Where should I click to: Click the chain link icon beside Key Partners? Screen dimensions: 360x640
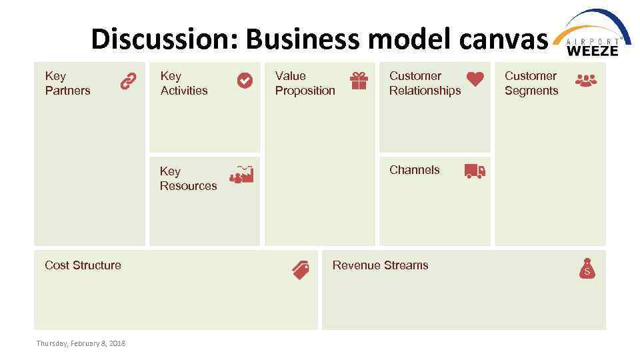pyautogui.click(x=128, y=81)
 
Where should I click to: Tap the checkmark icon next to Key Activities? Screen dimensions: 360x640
pyautogui.click(x=245, y=81)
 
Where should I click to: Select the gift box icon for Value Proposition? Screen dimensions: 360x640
pyautogui.click(x=359, y=81)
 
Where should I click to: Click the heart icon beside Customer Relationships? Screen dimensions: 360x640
pyautogui.click(x=475, y=79)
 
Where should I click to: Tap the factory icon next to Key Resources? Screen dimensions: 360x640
pyautogui.click(x=241, y=174)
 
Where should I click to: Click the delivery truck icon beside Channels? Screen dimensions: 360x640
pyautogui.click(x=475, y=171)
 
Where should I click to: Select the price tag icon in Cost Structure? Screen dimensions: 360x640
pyautogui.click(x=301, y=269)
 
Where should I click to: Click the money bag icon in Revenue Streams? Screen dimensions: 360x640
pyautogui.click(x=587, y=268)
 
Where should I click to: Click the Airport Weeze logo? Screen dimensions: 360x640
pyautogui.click(x=593, y=33)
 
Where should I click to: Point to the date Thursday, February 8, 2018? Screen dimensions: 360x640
pyautogui.click(x=81, y=343)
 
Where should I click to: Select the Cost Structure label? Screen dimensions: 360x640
pyautogui.click(x=83, y=265)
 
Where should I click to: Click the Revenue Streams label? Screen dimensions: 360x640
pyautogui.click(x=380, y=265)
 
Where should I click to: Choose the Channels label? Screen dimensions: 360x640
pyautogui.click(x=414, y=170)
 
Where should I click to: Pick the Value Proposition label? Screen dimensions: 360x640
pyautogui.click(x=305, y=83)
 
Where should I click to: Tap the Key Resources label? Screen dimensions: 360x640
pyautogui.click(x=188, y=179)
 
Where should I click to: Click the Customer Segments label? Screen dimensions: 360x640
pyautogui.click(x=531, y=83)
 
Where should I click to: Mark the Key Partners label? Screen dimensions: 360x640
pyautogui.click(x=67, y=83)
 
